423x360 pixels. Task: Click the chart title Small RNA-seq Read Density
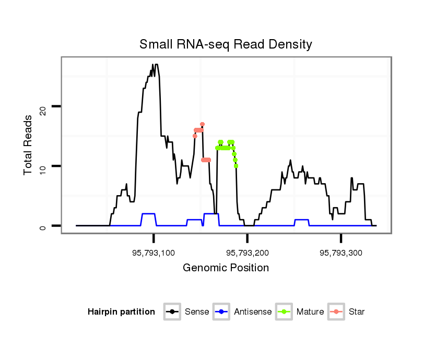coord(226,44)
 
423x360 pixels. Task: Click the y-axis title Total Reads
coord(29,145)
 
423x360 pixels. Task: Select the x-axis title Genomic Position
coord(226,268)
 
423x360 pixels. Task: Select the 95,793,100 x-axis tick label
coord(154,253)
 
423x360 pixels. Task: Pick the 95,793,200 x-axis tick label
coord(247,253)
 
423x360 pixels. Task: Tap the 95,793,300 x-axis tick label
coord(340,253)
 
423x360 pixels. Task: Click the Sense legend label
coord(197,312)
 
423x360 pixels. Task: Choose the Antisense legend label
coord(253,312)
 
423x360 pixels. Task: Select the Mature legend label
coord(310,312)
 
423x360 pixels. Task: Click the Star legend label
coord(357,312)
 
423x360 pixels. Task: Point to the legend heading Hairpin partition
coord(121,312)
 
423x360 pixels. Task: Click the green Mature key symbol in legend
coord(285,312)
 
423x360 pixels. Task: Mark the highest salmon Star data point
coord(202,124)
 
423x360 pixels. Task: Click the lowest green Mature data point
coord(236,166)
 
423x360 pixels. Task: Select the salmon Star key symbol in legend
coord(337,312)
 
